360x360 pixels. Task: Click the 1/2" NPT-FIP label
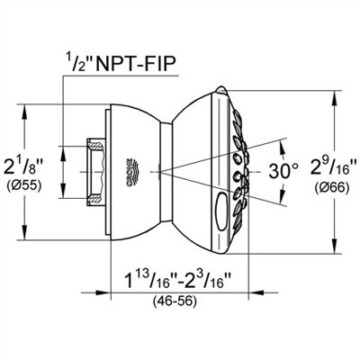coord(121,63)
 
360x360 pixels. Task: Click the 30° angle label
coord(283,171)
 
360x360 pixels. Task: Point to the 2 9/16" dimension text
coord(332,168)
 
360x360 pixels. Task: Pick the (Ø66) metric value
coord(332,188)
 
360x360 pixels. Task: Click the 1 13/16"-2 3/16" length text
coord(178,280)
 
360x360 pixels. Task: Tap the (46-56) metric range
coord(175,301)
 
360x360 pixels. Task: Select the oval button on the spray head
coord(222,211)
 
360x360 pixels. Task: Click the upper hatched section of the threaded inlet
coord(96,147)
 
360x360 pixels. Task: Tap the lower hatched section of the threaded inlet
coord(96,198)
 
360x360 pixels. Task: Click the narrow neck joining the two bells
coord(166,172)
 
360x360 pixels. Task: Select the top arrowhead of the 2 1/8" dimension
coord(25,112)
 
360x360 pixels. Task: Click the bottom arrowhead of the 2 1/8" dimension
coord(25,232)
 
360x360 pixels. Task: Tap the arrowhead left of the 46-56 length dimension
coord(103,292)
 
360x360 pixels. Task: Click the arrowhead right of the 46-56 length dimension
coord(256,292)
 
